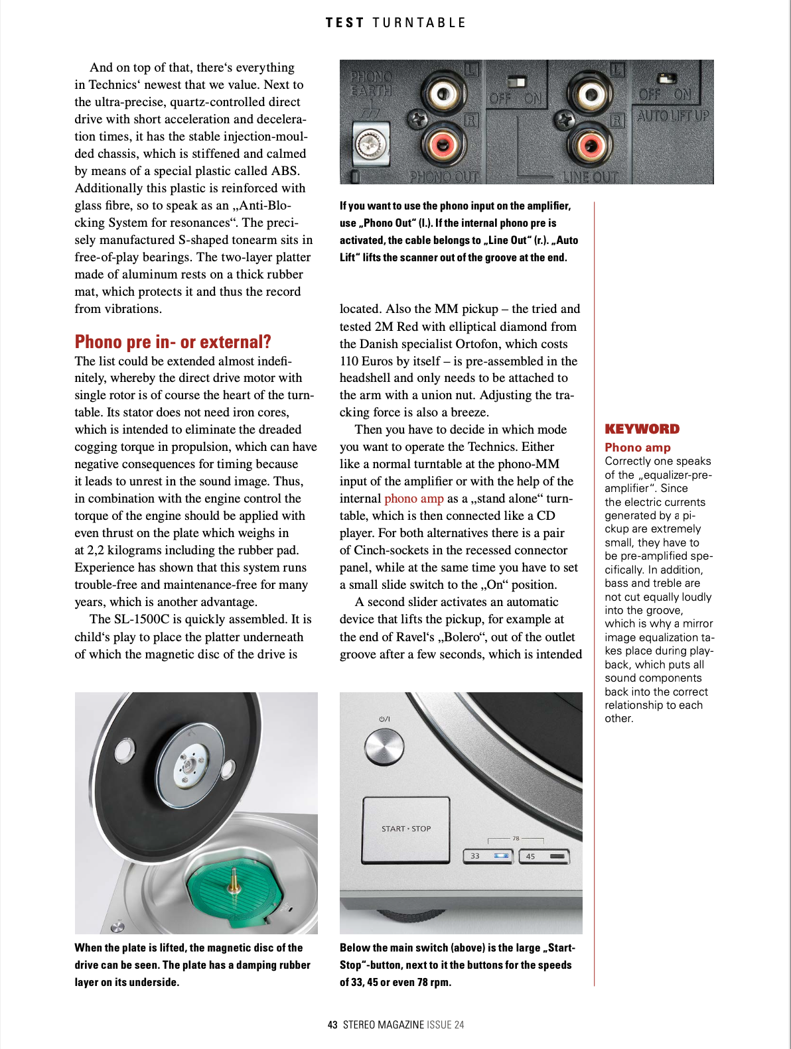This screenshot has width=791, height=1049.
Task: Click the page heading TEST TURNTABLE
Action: point(395,23)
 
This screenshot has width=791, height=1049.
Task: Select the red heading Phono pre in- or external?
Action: point(173,342)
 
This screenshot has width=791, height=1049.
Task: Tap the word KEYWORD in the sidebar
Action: point(642,429)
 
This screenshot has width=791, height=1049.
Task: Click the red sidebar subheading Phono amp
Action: point(637,448)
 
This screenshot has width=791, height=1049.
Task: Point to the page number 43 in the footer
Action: point(332,1024)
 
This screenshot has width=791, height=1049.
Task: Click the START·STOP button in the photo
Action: point(406,829)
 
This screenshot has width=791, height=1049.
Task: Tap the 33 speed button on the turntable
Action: point(488,856)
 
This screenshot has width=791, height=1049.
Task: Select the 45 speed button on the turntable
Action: point(544,856)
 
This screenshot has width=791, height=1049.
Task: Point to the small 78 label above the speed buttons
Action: point(516,838)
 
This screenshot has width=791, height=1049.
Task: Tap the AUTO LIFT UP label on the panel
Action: point(673,116)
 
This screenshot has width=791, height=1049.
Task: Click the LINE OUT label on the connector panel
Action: point(590,177)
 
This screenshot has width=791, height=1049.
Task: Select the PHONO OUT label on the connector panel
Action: point(443,177)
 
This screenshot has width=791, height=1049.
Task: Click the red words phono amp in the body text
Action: point(413,499)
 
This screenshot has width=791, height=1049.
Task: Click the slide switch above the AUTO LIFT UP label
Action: point(666,79)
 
